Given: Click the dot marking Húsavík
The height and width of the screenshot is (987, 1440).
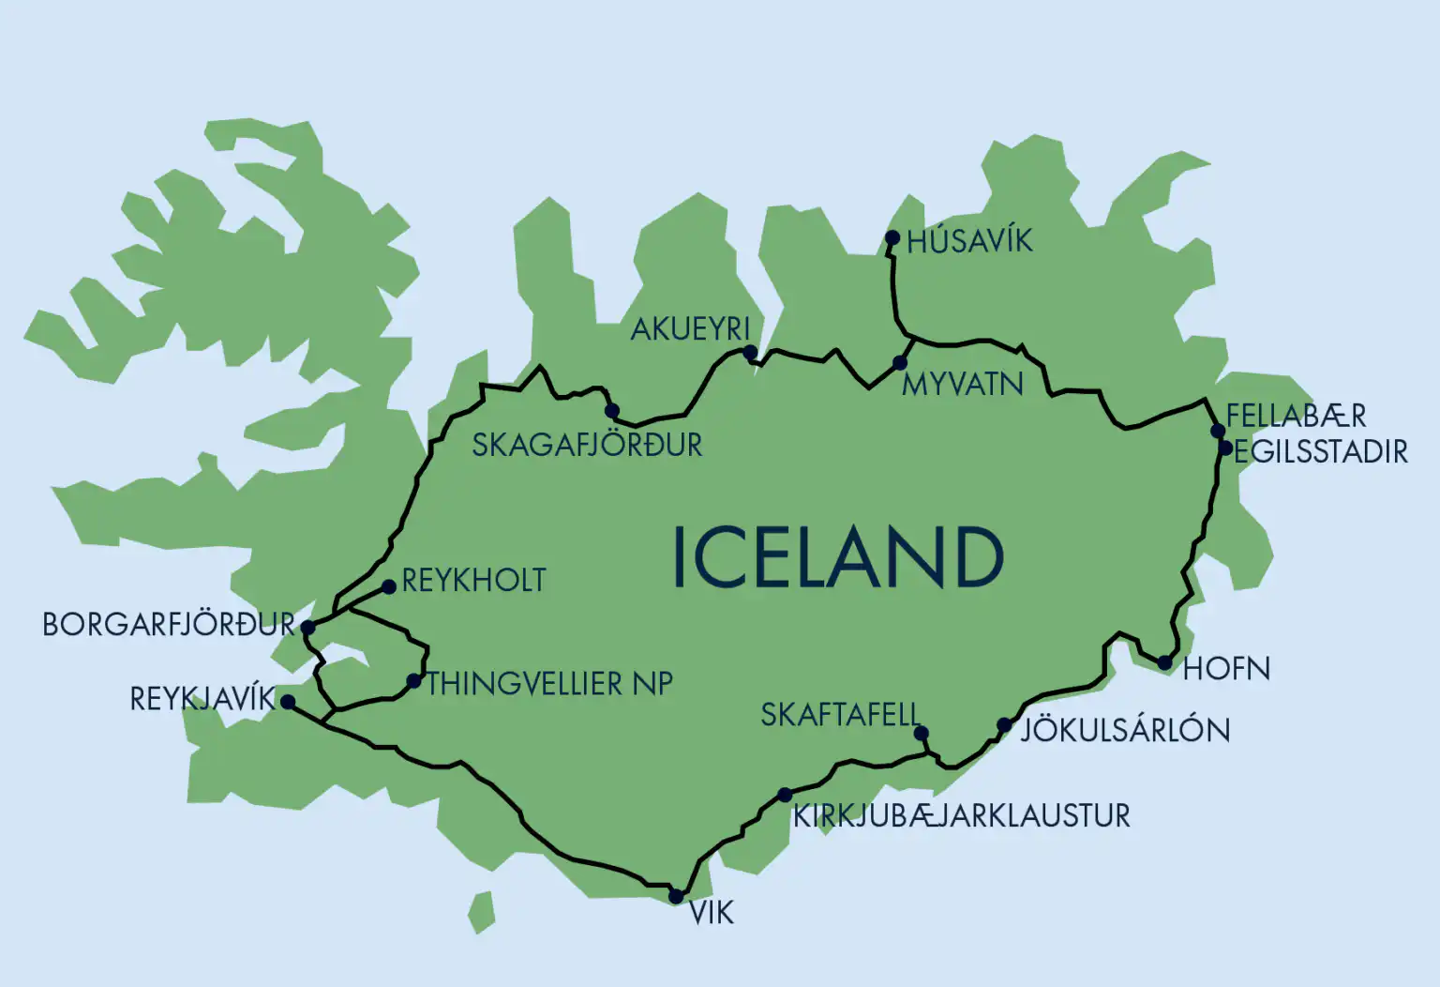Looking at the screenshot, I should [x=892, y=238].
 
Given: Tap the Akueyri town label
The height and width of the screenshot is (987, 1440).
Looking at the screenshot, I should [x=690, y=329].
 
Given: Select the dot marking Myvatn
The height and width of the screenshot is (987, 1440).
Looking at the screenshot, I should [x=900, y=363].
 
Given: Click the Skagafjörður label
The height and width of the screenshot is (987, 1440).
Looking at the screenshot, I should [x=587, y=445].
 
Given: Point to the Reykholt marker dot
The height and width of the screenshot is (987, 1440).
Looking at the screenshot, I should [x=389, y=587].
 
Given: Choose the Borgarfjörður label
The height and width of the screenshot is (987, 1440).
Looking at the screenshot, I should [x=169, y=625].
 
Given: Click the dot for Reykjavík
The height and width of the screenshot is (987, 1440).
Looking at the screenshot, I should [x=288, y=702].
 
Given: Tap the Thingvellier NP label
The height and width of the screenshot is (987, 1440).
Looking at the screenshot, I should [x=549, y=684].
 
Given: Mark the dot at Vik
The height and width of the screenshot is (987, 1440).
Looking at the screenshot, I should [x=676, y=897].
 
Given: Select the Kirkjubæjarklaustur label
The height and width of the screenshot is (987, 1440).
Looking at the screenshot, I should [x=961, y=816].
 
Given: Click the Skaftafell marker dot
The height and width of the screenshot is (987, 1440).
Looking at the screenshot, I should [x=921, y=733].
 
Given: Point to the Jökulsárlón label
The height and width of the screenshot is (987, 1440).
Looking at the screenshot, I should [x=1125, y=730].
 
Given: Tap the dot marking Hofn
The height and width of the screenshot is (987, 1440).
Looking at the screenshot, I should [x=1164, y=662].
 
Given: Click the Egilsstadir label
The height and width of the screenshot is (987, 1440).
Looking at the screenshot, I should [x=1321, y=452].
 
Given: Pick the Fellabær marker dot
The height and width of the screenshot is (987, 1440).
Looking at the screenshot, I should [x=1218, y=431].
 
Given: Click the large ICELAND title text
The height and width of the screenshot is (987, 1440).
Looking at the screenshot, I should [x=838, y=557].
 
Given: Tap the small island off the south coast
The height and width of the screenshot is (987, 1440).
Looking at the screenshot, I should [x=482, y=912].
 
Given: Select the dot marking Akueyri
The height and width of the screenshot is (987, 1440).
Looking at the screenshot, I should [x=750, y=352].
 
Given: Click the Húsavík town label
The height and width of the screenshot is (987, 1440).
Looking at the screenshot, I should [x=969, y=241].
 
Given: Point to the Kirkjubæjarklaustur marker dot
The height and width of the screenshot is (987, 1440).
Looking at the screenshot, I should [x=785, y=796].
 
